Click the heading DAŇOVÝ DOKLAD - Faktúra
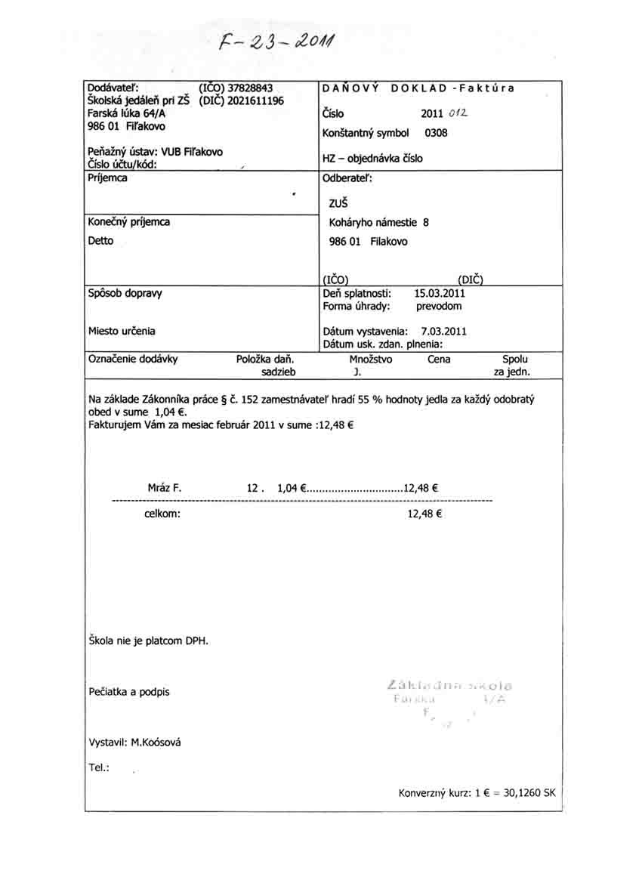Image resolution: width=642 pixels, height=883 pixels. point(418,88)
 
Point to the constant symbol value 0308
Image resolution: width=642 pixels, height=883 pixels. point(437,134)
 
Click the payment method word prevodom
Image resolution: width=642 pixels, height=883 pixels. point(439,307)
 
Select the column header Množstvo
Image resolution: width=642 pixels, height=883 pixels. point(371,360)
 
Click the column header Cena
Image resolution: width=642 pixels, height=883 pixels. point(439,360)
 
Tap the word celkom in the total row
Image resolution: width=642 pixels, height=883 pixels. point(162,514)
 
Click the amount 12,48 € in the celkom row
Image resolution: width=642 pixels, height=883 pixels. point(424,514)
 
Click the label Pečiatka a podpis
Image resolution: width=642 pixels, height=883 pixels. point(129,692)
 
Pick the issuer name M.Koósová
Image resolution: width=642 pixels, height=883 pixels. point(156,743)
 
